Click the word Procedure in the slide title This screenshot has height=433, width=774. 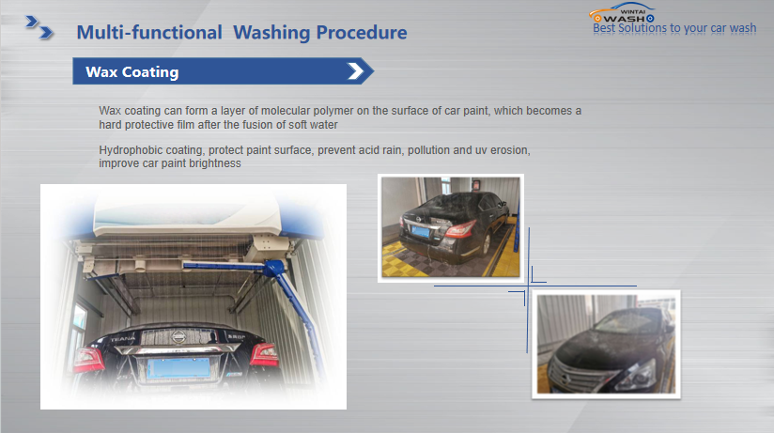[362, 33]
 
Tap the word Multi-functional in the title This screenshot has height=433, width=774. [149, 33]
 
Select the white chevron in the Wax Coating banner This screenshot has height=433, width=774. [355, 71]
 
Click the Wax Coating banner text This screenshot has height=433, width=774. [132, 72]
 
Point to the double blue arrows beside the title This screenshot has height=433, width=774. [39, 27]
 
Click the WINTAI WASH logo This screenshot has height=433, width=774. [623, 13]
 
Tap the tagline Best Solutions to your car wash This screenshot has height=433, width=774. [674, 28]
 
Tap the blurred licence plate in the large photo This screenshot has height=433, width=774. [178, 368]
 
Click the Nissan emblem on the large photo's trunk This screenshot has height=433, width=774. [178, 336]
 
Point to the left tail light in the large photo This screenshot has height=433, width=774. [89, 360]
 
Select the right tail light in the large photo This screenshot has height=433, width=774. [264, 354]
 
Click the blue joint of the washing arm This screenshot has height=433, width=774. [272, 269]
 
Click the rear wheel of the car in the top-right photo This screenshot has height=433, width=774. [487, 243]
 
